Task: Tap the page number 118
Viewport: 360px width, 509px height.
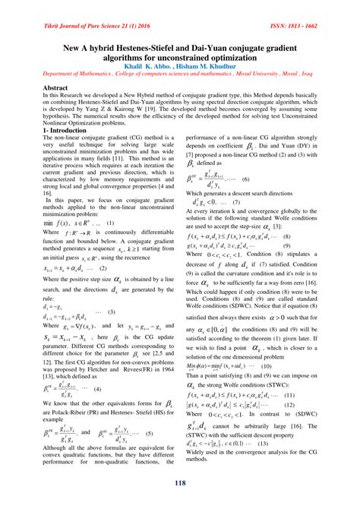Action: pos(179,485)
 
